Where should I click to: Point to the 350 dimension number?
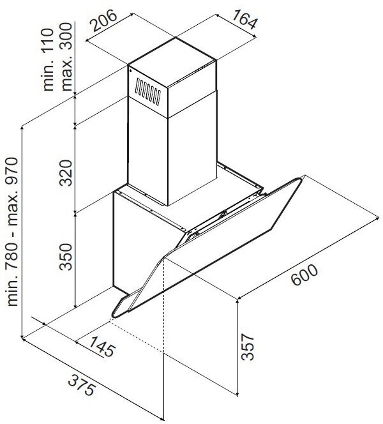[x=71, y=257]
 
